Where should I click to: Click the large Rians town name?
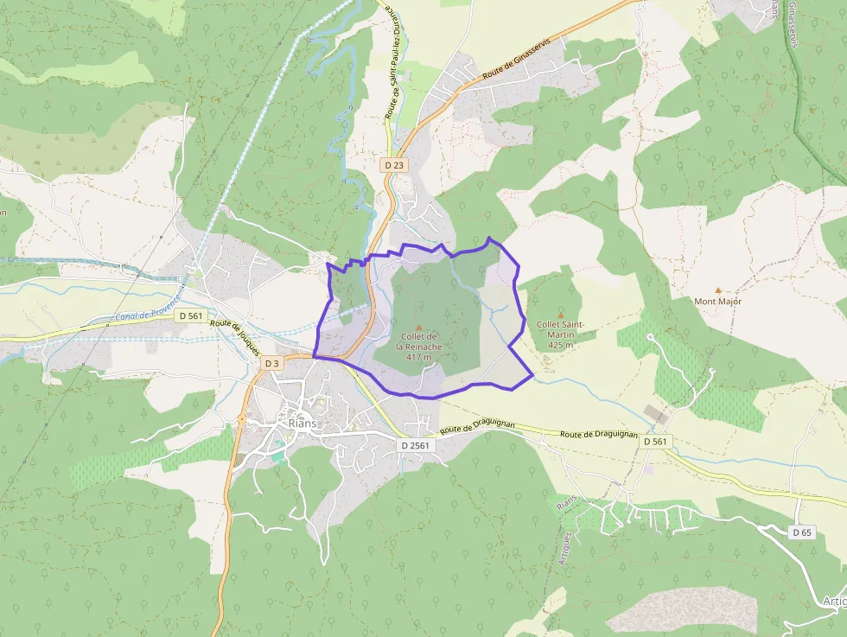coord(303,424)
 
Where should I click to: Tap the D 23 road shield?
coord(393,164)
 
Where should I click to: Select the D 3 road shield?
coord(271,363)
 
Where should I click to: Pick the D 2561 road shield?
coord(415,444)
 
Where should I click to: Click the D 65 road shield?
coord(802,532)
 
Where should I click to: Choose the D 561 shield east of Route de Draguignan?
coord(655,441)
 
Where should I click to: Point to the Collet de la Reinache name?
coord(421,341)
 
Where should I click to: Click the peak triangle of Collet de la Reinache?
coord(420,327)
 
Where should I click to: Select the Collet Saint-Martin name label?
coord(561,329)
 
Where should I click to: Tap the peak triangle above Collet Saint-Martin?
coord(560,315)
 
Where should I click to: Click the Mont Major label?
coord(717,302)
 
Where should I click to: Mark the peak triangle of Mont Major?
coord(717,290)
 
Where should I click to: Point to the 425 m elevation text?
coord(561,344)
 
